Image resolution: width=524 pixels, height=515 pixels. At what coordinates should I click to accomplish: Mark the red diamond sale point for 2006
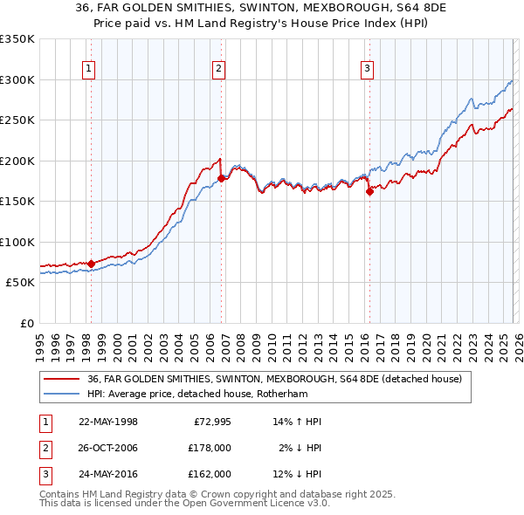221,178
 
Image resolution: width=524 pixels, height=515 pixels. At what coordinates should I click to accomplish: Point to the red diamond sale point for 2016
369,192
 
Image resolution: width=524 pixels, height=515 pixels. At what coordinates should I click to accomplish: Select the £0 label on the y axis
25,323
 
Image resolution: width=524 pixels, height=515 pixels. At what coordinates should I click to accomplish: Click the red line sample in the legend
62,379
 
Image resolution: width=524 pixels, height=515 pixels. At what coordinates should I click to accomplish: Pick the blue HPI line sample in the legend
62,394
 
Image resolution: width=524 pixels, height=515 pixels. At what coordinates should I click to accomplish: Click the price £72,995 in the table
209,422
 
